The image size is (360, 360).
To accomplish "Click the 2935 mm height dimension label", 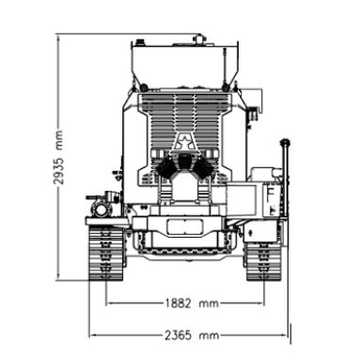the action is tap(58, 156).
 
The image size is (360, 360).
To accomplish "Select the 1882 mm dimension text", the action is tap(191, 303).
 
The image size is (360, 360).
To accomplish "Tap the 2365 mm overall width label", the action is tap(192, 335).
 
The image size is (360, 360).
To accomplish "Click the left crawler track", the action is tap(105, 253).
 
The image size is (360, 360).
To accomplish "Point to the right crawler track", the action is tap(262, 260).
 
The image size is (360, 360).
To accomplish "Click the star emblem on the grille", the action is tap(184, 142).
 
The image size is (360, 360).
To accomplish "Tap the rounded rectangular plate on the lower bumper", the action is tap(184, 227).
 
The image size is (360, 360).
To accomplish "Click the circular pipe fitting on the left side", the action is tap(101, 210).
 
